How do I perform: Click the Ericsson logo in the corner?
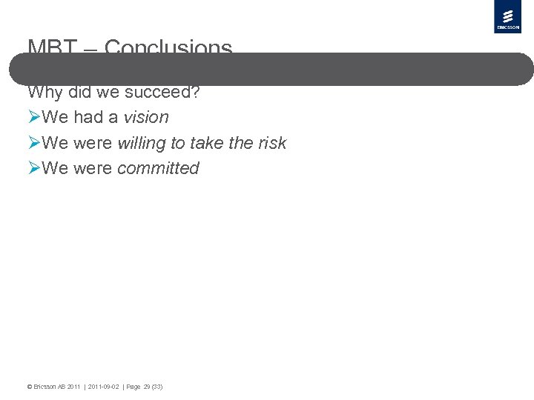[507, 17]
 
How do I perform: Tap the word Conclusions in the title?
[168, 47]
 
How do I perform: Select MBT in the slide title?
[52, 47]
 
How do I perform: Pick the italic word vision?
[146, 117]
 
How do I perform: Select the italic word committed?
[158, 168]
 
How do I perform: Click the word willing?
[142, 143]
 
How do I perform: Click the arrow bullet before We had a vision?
[34, 117]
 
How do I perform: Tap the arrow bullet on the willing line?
[34, 143]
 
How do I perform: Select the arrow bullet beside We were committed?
[34, 168]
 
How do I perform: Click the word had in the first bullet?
[88, 117]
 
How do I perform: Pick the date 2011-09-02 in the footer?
[105, 387]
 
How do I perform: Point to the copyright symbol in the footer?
[29, 387]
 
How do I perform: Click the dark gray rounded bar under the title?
[271, 69]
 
